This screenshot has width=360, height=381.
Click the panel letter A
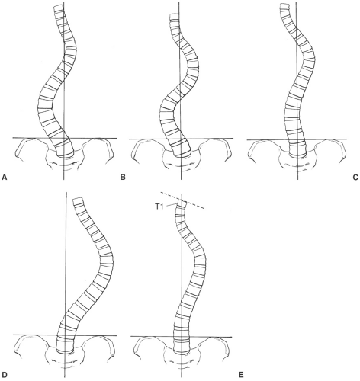click(x=4, y=177)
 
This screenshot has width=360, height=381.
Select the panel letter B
click(x=123, y=177)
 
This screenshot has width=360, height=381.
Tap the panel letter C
click(x=355, y=177)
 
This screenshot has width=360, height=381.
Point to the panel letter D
click(x=4, y=374)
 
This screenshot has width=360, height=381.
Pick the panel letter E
click(x=241, y=374)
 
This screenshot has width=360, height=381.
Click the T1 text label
click(x=159, y=207)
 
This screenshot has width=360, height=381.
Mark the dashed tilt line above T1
click(x=182, y=200)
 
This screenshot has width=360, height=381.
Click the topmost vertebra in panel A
click(x=59, y=8)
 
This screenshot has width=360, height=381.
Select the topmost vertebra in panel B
click(x=174, y=17)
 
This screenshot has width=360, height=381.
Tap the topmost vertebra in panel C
click(x=284, y=6)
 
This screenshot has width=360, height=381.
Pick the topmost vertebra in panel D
click(x=78, y=201)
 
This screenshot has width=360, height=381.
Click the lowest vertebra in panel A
click(x=65, y=152)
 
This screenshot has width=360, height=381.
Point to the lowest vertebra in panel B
click(x=182, y=152)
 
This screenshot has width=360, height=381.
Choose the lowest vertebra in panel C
click(x=297, y=152)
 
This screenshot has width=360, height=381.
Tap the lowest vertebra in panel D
click(x=65, y=347)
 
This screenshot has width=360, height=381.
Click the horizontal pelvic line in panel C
click(x=297, y=139)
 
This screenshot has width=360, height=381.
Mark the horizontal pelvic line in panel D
click(x=65, y=335)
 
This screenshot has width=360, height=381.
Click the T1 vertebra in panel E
click(x=181, y=203)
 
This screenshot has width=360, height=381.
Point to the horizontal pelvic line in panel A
click(x=65, y=138)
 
